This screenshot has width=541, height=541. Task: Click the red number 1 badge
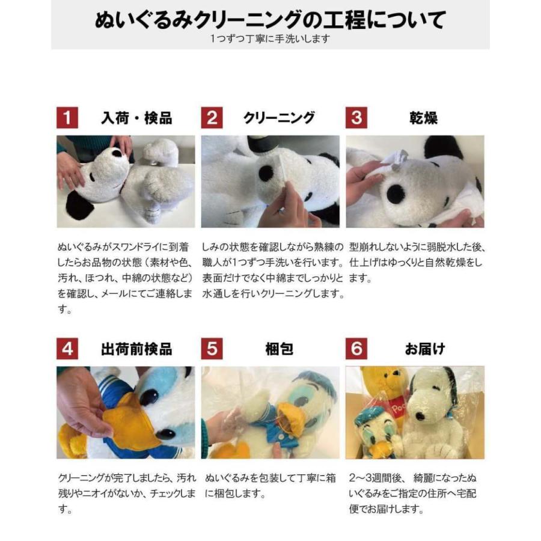tap(67, 118)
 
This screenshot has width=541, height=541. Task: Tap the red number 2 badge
tap(212, 118)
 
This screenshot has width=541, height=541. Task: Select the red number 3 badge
tap(356, 118)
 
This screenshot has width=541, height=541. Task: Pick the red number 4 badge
tap(67, 349)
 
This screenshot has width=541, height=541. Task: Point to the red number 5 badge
tap(212, 349)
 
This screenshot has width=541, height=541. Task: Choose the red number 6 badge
tap(356, 349)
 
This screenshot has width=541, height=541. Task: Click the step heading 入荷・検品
tap(136, 118)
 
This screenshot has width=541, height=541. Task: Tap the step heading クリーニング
tap(279, 118)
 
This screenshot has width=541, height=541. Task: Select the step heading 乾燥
tap(423, 118)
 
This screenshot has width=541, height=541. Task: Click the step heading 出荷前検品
tap(136, 349)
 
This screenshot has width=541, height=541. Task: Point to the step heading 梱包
tap(279, 349)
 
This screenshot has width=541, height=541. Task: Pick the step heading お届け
tap(424, 349)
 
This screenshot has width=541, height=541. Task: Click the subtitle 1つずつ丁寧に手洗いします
tap(270, 38)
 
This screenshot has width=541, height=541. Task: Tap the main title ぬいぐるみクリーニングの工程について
tap(270, 20)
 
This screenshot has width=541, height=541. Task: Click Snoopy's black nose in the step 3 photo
tap(396, 194)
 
